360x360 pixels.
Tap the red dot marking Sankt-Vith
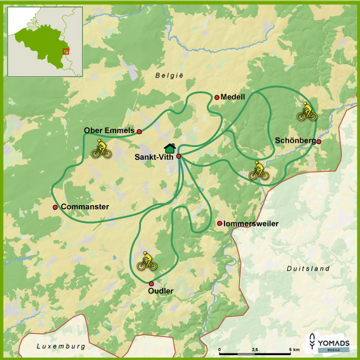pyautogui.click(x=178, y=156)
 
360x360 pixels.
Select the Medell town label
pyautogui.click(x=234, y=97)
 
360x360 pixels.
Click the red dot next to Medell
pyautogui.click(x=217, y=97)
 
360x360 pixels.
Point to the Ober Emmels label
pyautogui.click(x=109, y=131)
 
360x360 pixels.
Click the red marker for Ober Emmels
pyautogui.click(x=139, y=131)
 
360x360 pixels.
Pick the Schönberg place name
pyautogui.click(x=295, y=140)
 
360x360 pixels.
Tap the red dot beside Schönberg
pyautogui.click(x=319, y=142)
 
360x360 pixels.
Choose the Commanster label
pyautogui.click(x=85, y=207)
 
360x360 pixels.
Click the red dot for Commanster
pyautogui.click(x=55, y=208)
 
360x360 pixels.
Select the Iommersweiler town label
pyautogui.click(x=250, y=223)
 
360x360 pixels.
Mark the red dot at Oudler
pyautogui.click(x=151, y=283)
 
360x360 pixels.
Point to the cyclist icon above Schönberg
pyautogui.click(x=307, y=111)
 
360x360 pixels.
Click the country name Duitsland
pyautogui.click(x=308, y=268)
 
